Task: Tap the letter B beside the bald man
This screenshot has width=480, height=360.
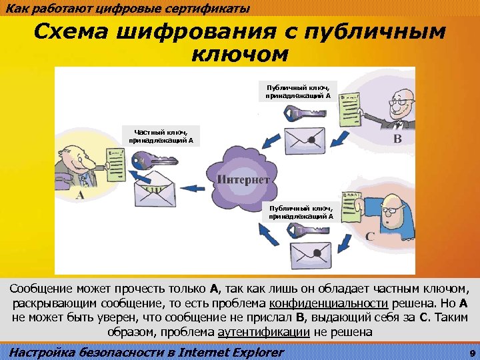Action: pyautogui.click(x=397, y=139)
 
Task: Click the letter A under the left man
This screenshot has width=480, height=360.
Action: pyautogui.click(x=79, y=195)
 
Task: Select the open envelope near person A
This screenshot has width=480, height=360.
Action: pyautogui.click(x=155, y=192)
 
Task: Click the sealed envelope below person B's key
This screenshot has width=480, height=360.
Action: pyautogui.click(x=303, y=139)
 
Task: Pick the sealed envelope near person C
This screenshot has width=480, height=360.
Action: pyautogui.click(x=313, y=253)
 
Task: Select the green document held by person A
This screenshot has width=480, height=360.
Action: pyautogui.click(x=106, y=163)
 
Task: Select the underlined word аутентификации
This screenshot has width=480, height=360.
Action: pyautogui.click(x=263, y=331)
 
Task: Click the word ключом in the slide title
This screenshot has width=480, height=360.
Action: pyautogui.click(x=239, y=53)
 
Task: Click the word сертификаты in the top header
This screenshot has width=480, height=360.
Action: pyautogui.click(x=212, y=8)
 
